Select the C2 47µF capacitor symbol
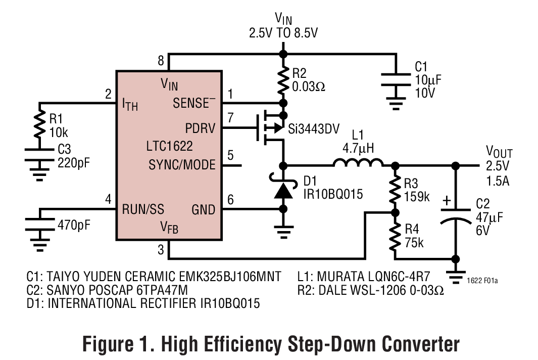pyautogui.click(x=456, y=219)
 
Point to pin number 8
pyautogui.click(x=161, y=61)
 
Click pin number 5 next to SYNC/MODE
pyautogui.click(x=230, y=155)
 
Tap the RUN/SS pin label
pyautogui.click(x=143, y=209)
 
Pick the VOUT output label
pyautogui.click(x=499, y=152)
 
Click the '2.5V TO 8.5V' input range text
pyautogui.click(x=283, y=33)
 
